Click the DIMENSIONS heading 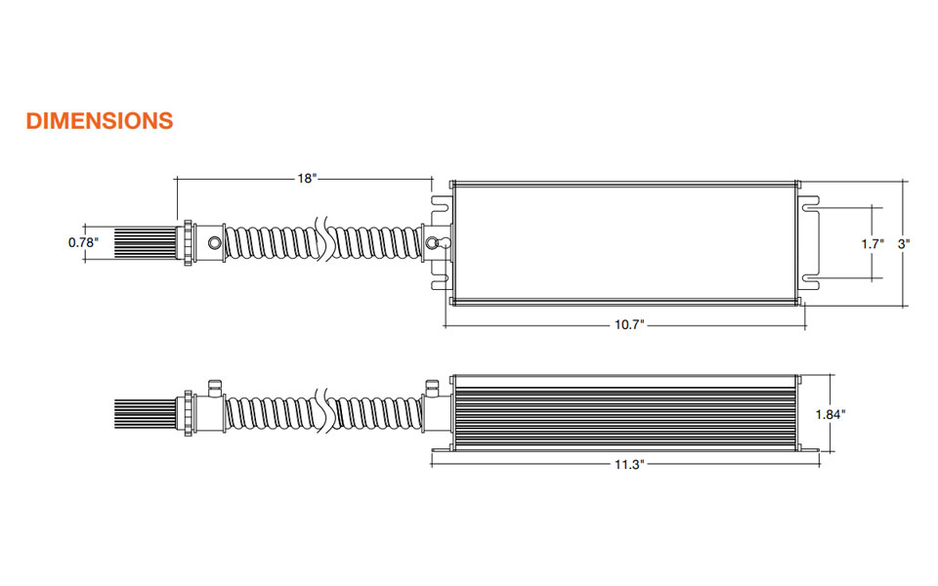click(100, 121)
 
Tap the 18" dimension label click(306, 178)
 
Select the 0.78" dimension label click(83, 242)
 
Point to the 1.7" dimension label click(873, 243)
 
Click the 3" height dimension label click(903, 243)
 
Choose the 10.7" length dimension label click(629, 324)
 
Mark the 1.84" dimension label click(831, 414)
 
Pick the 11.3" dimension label click(629, 465)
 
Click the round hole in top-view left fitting click(214, 243)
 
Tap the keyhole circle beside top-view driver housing click(432, 243)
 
